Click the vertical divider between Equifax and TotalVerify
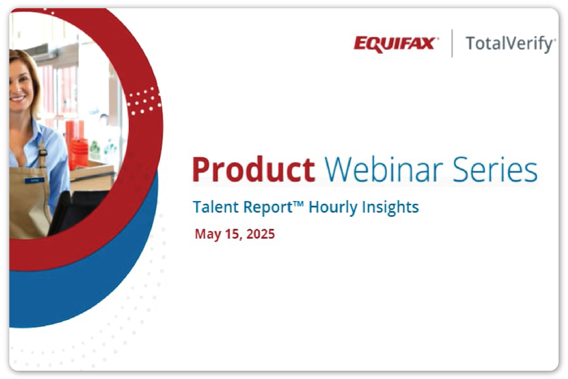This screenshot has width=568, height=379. point(452,43)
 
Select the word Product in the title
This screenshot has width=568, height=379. point(253,169)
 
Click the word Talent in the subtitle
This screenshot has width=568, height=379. point(216,207)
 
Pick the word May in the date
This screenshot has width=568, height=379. point(208,235)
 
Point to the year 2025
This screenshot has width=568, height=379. point(260,234)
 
